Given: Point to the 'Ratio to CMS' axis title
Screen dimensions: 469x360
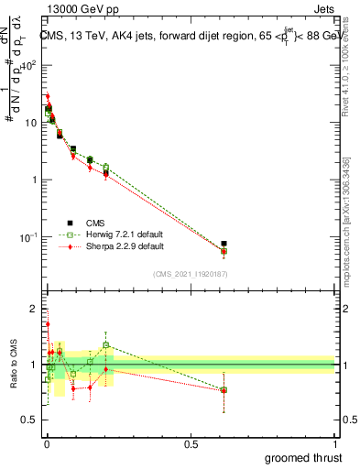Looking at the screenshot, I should (12, 363).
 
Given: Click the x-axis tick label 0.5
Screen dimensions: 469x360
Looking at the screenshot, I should (191, 442).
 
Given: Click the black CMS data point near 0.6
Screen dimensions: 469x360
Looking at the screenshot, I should (224, 244).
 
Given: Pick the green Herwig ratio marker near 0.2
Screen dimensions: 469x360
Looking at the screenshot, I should (106, 345).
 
